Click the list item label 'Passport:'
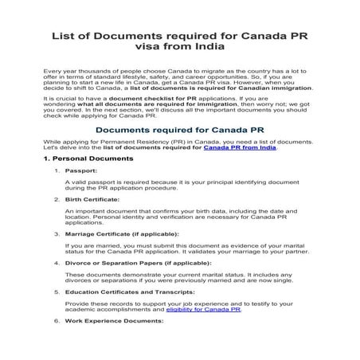click(x=81, y=194)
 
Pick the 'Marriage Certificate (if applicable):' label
click(x=122, y=256)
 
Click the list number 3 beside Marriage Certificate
click(x=57, y=256)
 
